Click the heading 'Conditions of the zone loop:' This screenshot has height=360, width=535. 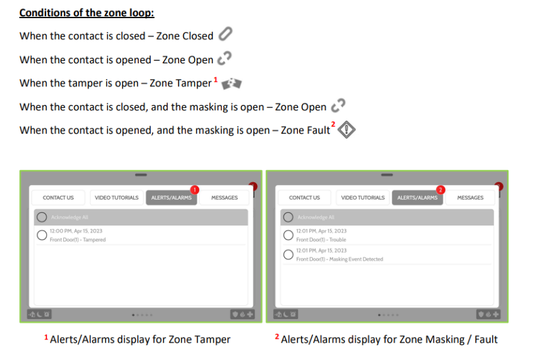[87, 13]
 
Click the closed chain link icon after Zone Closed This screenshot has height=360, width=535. [226, 34]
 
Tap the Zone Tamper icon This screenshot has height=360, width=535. [232, 84]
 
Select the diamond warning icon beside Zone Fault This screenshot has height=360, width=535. [347, 130]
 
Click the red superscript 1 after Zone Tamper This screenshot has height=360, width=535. [216, 80]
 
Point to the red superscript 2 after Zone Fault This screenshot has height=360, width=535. [334, 124]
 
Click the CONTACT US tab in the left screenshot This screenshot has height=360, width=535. [59, 198]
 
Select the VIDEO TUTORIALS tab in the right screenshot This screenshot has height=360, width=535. [362, 198]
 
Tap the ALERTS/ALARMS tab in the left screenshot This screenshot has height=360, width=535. [171, 198]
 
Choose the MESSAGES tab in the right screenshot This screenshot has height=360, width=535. [470, 198]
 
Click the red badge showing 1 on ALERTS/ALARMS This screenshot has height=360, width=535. [194, 190]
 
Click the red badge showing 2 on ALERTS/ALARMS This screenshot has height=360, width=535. [440, 190]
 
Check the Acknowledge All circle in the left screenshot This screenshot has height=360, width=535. [42, 217]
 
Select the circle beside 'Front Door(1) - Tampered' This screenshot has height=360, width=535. [42, 235]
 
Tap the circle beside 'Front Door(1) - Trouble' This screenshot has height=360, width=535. [288, 235]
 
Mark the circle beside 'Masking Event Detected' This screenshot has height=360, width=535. [288, 254]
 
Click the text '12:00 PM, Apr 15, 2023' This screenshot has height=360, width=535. [76, 231]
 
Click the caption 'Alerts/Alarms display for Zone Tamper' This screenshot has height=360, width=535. [140, 339]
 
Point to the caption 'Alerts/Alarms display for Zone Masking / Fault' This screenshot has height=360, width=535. [389, 339]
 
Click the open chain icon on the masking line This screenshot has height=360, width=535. [338, 106]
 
